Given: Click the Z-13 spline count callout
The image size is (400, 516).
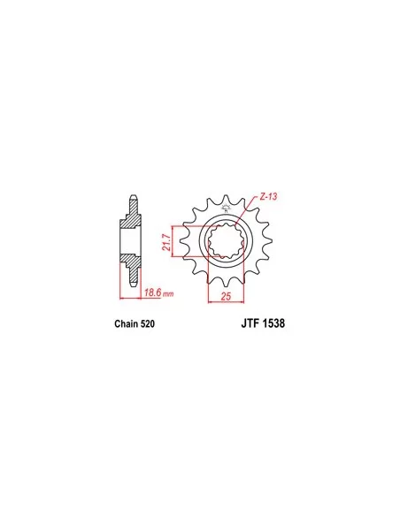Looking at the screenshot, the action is pyautogui.click(x=268, y=197).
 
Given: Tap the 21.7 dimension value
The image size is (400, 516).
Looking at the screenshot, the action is pyautogui.click(x=167, y=242).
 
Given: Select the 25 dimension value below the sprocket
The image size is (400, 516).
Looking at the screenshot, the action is pyautogui.click(x=226, y=296).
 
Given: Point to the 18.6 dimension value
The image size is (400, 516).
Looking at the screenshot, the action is pyautogui.click(x=153, y=292).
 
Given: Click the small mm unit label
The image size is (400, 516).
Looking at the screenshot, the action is pyautogui.click(x=168, y=294).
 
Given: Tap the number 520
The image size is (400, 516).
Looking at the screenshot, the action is pyautogui.click(x=147, y=323).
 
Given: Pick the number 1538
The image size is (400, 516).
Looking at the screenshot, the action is pyautogui.click(x=273, y=323).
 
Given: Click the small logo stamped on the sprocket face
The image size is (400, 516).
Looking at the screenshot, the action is pyautogui.click(x=226, y=208).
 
